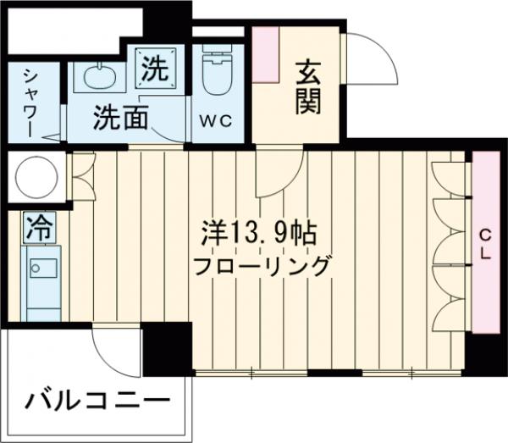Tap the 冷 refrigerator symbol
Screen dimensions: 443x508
pos(37,225)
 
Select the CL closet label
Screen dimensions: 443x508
pos(486,245)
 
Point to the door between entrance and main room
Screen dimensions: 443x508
pos(278,174)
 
